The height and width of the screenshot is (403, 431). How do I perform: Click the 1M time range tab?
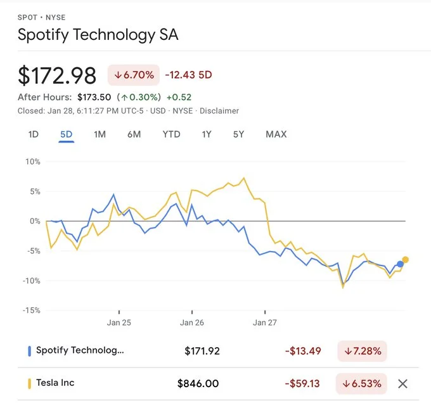(x=100, y=134)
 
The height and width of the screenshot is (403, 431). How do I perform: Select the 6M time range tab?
(x=134, y=134)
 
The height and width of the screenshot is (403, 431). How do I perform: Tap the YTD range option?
(x=171, y=134)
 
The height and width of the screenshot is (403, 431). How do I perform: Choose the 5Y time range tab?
(x=238, y=134)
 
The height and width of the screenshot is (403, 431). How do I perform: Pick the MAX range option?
(x=276, y=134)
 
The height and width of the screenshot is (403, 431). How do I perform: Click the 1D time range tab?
(x=34, y=134)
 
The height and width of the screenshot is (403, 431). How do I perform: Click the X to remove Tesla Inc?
(x=402, y=383)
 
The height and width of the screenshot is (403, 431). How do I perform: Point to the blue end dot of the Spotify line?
(x=400, y=264)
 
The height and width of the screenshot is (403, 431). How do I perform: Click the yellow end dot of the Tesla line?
(x=406, y=260)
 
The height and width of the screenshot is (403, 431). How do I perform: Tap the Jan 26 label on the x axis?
(x=191, y=323)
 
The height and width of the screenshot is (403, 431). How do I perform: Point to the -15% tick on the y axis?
(x=32, y=310)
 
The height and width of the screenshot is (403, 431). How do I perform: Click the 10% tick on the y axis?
(x=32, y=162)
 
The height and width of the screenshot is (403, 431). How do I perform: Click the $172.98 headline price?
(x=57, y=76)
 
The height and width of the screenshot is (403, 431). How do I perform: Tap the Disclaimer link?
(x=219, y=111)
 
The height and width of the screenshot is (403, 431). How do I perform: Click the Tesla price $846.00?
(x=198, y=383)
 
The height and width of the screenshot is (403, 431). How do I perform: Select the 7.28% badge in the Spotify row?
(x=363, y=350)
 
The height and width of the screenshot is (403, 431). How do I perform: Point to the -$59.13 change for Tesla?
(x=303, y=383)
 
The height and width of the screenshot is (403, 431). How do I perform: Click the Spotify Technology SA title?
(x=98, y=35)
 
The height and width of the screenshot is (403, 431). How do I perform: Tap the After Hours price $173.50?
(x=94, y=97)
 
